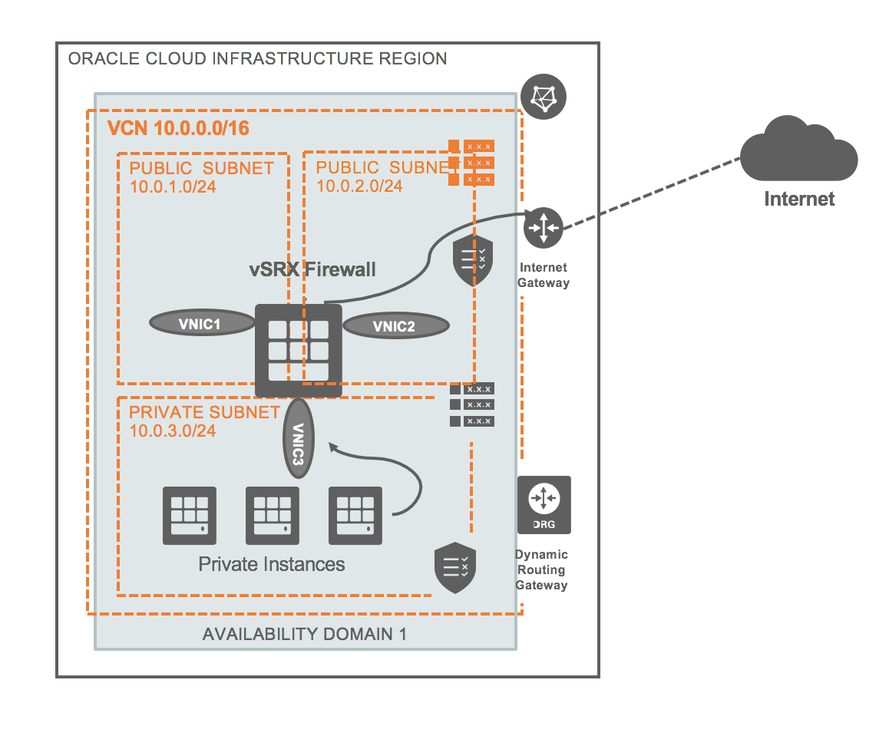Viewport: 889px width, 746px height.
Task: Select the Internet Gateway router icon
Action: (x=544, y=228)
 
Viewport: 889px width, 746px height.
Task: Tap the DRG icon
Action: (x=544, y=504)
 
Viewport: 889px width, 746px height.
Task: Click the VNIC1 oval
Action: (x=200, y=324)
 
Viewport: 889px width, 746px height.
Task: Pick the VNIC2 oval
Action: (x=395, y=325)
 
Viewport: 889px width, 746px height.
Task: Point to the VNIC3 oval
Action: (x=299, y=438)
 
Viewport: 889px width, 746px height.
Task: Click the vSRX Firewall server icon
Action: (x=298, y=349)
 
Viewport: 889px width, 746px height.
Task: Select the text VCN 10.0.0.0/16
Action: (x=178, y=128)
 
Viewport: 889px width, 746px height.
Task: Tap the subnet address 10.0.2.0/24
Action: (x=359, y=186)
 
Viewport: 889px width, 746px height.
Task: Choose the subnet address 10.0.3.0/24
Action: (x=173, y=431)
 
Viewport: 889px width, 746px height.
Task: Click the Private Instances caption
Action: (x=272, y=565)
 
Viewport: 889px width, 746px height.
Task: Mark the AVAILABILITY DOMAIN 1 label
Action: (x=304, y=635)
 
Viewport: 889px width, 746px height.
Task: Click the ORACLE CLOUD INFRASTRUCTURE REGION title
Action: (x=258, y=59)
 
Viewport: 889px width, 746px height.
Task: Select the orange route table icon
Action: (x=471, y=163)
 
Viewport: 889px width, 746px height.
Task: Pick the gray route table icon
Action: (x=471, y=404)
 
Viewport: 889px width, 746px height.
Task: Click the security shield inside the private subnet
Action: (x=455, y=569)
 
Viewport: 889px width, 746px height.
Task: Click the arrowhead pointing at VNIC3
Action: (x=332, y=445)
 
